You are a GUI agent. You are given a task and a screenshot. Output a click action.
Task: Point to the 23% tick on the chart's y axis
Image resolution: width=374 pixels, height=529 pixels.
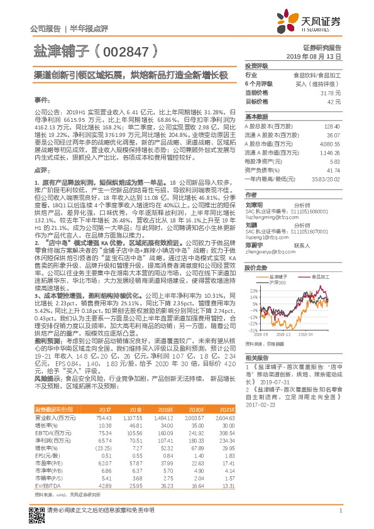click(x=252, y=273)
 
